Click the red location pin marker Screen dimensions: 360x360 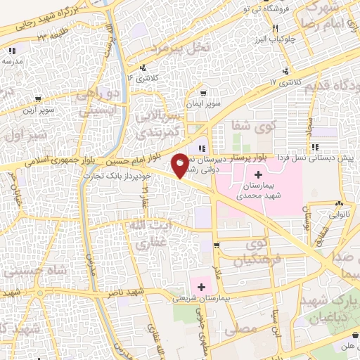coord(181,166)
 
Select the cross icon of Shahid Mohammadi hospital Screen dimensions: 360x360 coord(257,174)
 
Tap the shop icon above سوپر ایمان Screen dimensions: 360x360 coord(202,93)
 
